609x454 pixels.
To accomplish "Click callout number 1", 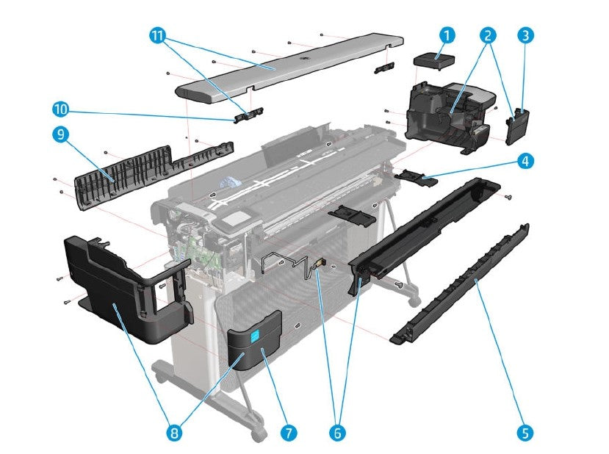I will (447, 35).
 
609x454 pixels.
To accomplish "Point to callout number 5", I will (525, 433).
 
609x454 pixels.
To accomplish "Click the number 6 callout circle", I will (337, 433).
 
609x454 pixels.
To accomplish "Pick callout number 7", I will (289, 433).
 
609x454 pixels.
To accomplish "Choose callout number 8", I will (174, 433).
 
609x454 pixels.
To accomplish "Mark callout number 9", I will (60, 134).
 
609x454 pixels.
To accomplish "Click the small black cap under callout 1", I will (434, 61).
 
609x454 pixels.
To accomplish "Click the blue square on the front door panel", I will (254, 336).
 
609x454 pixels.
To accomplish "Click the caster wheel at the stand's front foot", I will (258, 433).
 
